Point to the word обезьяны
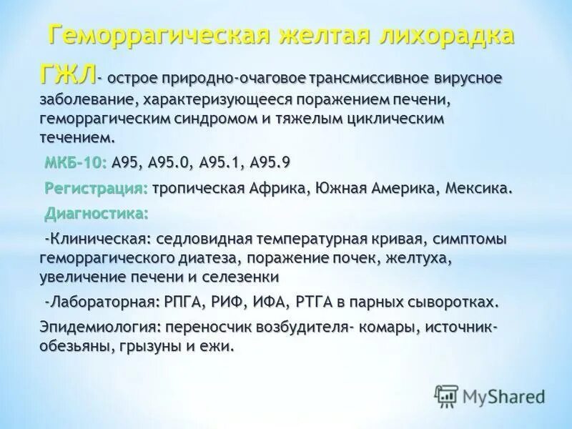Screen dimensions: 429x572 [71, 346]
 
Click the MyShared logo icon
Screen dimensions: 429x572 [446, 396]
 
